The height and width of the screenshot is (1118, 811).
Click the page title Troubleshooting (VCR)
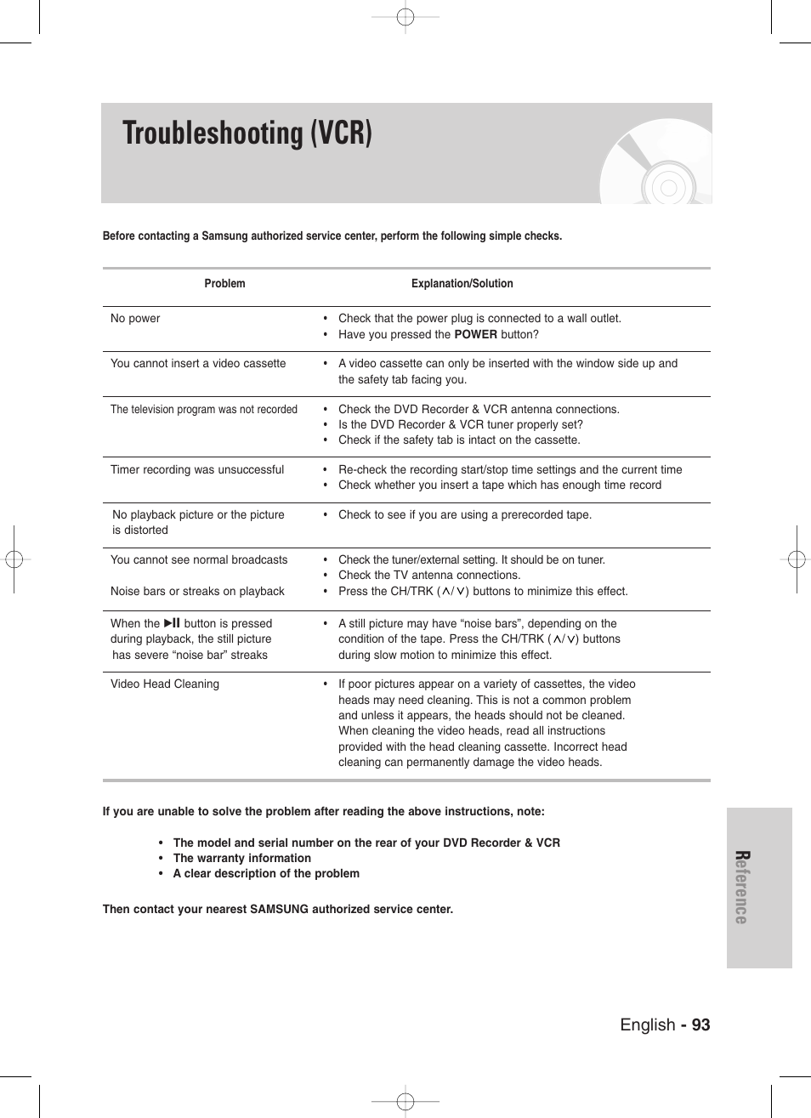[x=247, y=134]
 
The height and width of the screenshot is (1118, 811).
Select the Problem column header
[x=224, y=284]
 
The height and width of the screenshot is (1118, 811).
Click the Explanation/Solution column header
[x=462, y=284]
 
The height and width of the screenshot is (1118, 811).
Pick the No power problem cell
[x=135, y=319]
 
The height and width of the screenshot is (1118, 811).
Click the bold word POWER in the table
[x=475, y=335]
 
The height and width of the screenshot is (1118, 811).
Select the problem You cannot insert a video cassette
[x=198, y=364]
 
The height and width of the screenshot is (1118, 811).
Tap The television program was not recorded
[x=204, y=410]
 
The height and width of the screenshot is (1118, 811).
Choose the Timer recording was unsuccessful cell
[x=197, y=470]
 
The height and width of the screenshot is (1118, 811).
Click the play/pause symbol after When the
[x=172, y=623]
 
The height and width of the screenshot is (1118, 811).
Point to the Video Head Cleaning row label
[x=165, y=684]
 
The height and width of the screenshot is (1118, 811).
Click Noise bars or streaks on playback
[x=197, y=592]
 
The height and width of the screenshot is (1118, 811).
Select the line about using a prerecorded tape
[x=464, y=515]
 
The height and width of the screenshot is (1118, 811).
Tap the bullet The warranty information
[x=241, y=859]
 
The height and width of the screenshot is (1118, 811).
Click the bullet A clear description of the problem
[x=266, y=874]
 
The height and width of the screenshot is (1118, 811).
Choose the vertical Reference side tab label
[x=741, y=887]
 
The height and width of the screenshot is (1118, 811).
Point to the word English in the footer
[x=647, y=1024]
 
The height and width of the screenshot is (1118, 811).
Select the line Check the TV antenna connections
[x=428, y=576]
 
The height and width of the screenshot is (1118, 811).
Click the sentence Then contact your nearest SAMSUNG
[x=278, y=910]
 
